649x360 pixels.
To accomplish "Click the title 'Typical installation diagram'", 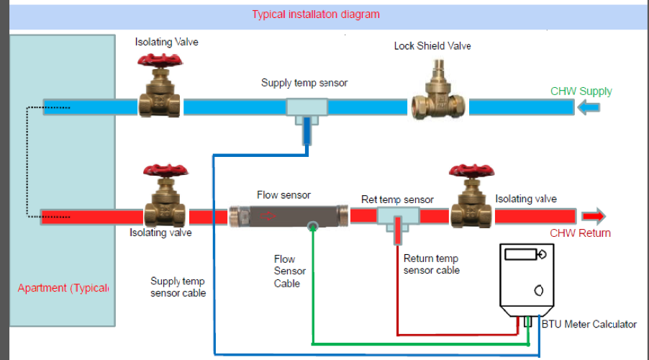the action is click(316, 14).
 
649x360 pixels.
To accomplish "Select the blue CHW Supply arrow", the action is click(588, 108).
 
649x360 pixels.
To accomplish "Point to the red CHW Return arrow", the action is click(594, 216).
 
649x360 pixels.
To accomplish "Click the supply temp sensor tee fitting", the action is click(307, 111).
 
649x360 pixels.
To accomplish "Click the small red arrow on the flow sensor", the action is click(268, 216).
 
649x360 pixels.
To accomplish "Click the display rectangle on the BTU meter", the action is click(521, 254).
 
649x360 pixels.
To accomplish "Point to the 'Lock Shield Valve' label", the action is click(432, 46).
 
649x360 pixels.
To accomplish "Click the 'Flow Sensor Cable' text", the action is click(290, 271).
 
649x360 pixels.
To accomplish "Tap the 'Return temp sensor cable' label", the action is click(431, 264).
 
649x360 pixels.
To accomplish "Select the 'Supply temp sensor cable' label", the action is click(178, 287).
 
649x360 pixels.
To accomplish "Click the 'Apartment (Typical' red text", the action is click(63, 288).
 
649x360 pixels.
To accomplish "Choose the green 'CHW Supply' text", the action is click(581, 91).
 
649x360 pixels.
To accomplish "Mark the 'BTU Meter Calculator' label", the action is click(589, 325).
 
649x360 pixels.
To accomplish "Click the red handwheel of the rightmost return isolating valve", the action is click(472, 171).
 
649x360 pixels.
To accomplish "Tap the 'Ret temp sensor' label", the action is click(397, 199).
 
